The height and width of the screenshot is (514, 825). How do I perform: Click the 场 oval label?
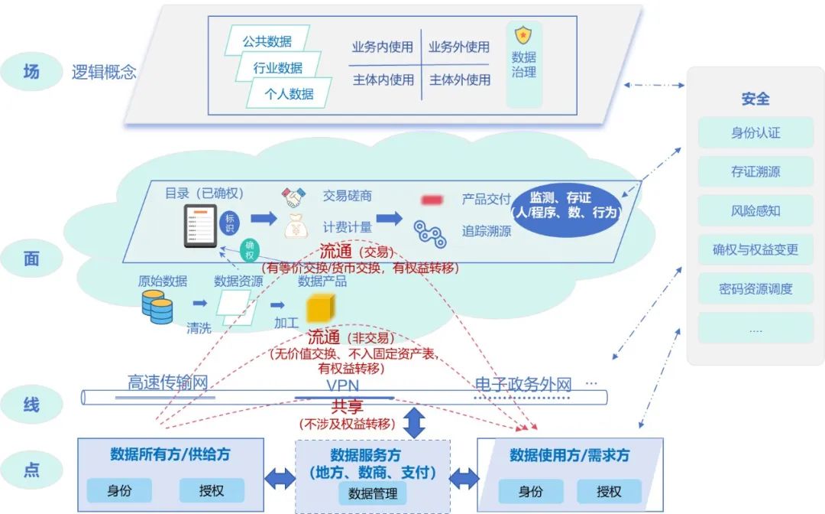pyautogui.click(x=31, y=72)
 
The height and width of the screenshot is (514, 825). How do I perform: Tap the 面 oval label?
pyautogui.click(x=31, y=259)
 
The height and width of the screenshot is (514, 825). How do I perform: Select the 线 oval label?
pyautogui.click(x=31, y=403)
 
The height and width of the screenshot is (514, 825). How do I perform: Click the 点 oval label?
pyautogui.click(x=31, y=469)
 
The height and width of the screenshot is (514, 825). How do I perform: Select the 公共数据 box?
pyautogui.click(x=267, y=41)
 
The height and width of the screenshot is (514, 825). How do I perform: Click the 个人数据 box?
pyautogui.click(x=289, y=94)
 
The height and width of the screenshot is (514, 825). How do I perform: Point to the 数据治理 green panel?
pyautogui.click(x=524, y=64)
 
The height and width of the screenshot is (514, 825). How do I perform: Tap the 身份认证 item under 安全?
pyautogui.click(x=755, y=132)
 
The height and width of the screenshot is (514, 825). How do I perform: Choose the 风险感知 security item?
pyautogui.click(x=755, y=210)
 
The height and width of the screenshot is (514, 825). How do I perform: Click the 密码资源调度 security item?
pyautogui.click(x=755, y=289)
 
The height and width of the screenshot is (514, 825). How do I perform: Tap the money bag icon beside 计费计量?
pyautogui.click(x=295, y=226)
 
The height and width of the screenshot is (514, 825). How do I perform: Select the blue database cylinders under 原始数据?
pyautogui.click(x=157, y=306)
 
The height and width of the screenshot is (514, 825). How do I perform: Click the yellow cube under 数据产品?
pyautogui.click(x=321, y=308)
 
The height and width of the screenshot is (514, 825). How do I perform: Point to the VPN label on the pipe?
pyautogui.click(x=342, y=385)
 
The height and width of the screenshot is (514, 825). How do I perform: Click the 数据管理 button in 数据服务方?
pyautogui.click(x=372, y=493)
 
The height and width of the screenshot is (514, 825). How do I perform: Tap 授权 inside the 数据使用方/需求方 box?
pyautogui.click(x=609, y=491)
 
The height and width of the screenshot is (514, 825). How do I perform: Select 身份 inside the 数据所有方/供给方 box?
pyautogui.click(x=119, y=490)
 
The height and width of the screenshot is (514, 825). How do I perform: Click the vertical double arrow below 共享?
pyautogui.click(x=413, y=423)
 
